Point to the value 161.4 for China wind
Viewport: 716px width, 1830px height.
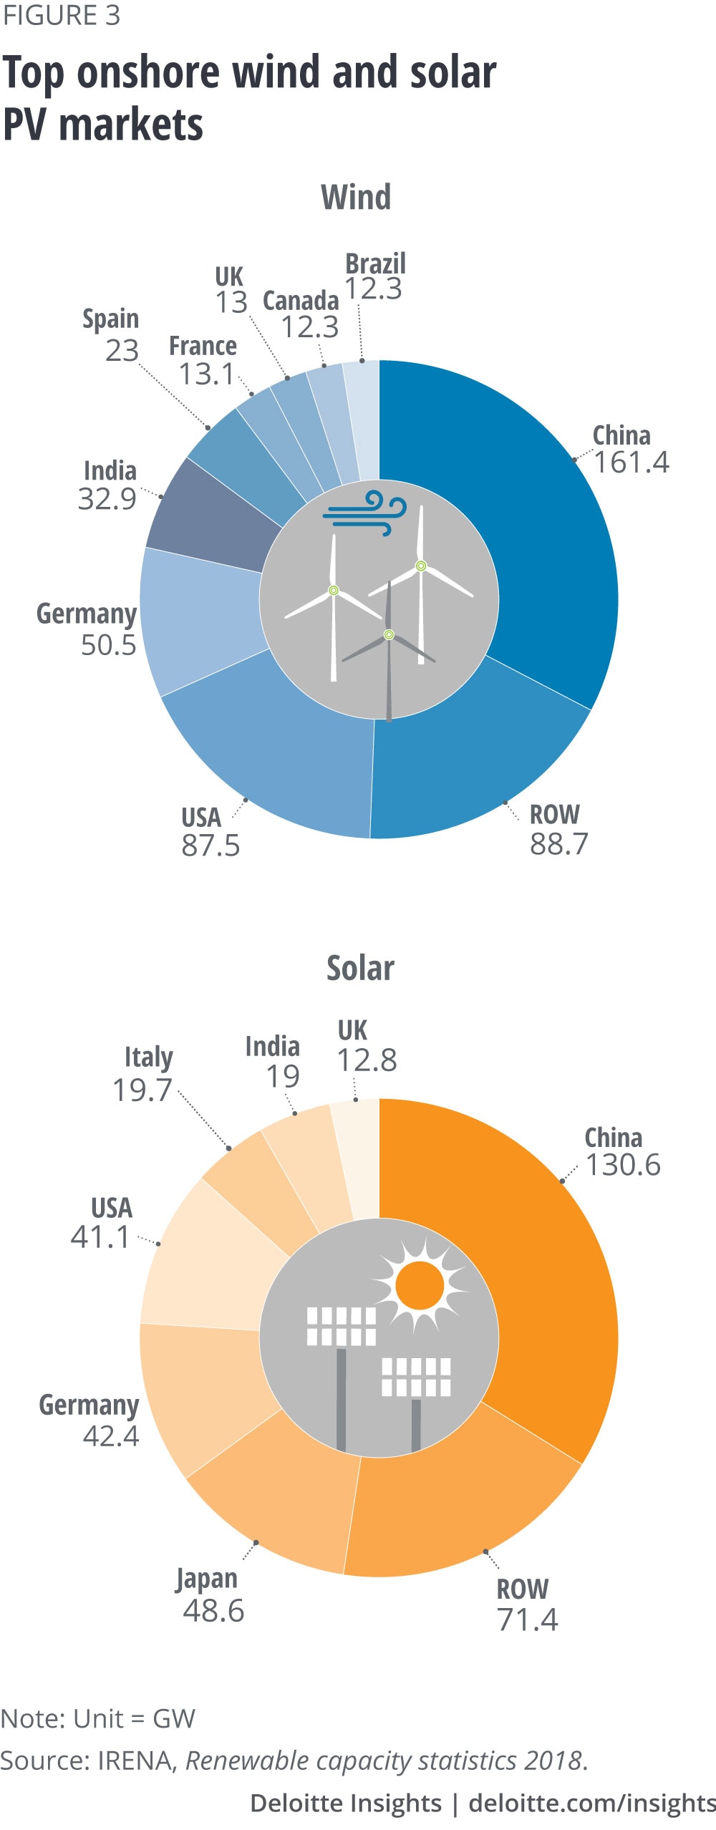pos(632,463)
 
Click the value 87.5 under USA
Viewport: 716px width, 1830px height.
pos(211,846)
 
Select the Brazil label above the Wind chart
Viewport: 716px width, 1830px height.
pos(375,263)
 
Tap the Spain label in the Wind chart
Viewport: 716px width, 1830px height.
pos(110,319)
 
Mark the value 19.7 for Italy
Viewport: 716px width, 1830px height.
pos(142,1090)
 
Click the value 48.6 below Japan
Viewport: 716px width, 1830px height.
pos(213,1611)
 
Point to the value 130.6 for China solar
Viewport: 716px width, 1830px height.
pos(623,1165)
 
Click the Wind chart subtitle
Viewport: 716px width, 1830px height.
pos(356,197)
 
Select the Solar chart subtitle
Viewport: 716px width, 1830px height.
pos(360,968)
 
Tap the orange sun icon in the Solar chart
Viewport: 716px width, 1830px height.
pos(420,1285)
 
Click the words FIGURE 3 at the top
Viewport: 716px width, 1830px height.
pos(61,16)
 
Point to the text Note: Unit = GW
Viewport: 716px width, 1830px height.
pos(98,1718)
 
